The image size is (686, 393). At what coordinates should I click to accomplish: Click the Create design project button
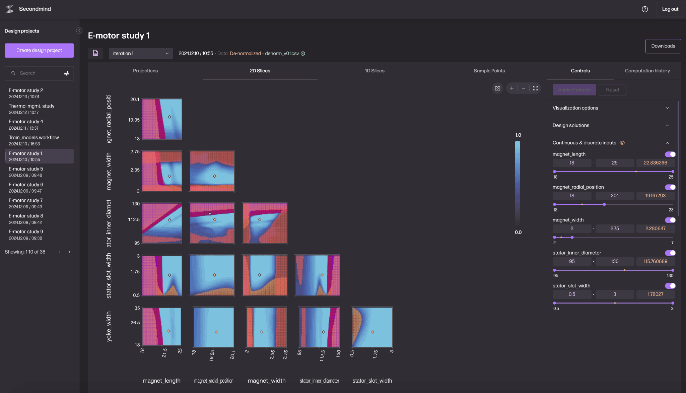pyautogui.click(x=39, y=50)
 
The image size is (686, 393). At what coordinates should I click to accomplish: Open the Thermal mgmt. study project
pyautogui.click(x=31, y=109)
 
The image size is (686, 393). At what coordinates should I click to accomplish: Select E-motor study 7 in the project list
pyautogui.click(x=26, y=203)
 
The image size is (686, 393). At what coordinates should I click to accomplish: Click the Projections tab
pyautogui.click(x=145, y=71)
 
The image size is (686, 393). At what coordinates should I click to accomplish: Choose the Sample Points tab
pyautogui.click(x=489, y=71)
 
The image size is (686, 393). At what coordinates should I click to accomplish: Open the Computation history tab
pyautogui.click(x=647, y=71)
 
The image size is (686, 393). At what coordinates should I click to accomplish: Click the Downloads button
pyautogui.click(x=663, y=46)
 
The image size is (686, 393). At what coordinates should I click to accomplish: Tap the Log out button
pyautogui.click(x=670, y=9)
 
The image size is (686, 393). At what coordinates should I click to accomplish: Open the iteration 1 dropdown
pyautogui.click(x=141, y=54)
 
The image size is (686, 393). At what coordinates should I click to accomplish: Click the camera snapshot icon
pyautogui.click(x=497, y=88)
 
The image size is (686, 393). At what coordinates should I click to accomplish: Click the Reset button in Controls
pyautogui.click(x=612, y=90)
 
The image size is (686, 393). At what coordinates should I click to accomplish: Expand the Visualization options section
pyautogui.click(x=611, y=108)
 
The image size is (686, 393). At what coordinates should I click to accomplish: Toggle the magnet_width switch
pyautogui.click(x=670, y=220)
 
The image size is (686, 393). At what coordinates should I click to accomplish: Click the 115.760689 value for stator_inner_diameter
pyautogui.click(x=655, y=261)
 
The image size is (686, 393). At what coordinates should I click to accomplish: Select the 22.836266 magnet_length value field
pyautogui.click(x=655, y=163)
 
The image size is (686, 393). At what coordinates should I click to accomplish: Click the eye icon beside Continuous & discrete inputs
pyautogui.click(x=622, y=143)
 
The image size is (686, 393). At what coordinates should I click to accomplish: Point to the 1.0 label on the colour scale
pyautogui.click(x=518, y=135)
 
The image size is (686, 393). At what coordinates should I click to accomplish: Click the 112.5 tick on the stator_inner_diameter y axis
pyautogui.click(x=134, y=219)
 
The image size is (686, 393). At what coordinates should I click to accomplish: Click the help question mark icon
pyautogui.click(x=644, y=9)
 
